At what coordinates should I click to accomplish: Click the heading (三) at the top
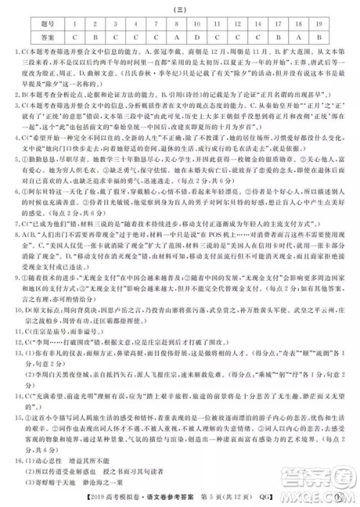180,8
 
